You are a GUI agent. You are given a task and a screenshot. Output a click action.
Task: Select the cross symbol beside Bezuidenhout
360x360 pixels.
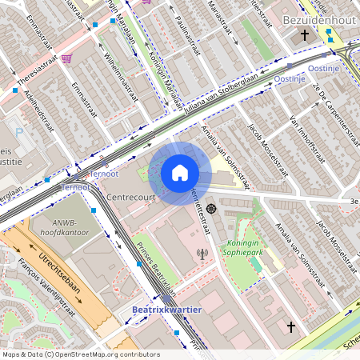point(305,35)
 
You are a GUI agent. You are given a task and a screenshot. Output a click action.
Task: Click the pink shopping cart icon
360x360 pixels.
point(66,58)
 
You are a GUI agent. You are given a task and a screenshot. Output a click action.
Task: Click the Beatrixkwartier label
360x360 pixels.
point(167,309)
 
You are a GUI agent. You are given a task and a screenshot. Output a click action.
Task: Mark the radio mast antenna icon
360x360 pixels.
point(202,255)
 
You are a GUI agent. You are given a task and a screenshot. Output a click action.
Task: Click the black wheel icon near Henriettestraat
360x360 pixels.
point(210,208)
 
